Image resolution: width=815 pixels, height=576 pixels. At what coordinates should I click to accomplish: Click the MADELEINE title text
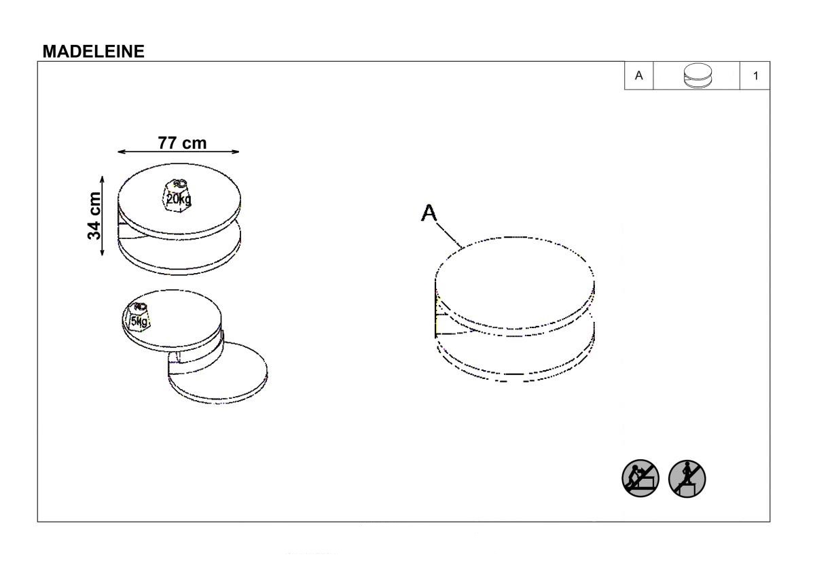pyautogui.click(x=94, y=52)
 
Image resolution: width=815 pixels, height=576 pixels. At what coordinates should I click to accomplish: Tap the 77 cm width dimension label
pyautogui.click(x=182, y=143)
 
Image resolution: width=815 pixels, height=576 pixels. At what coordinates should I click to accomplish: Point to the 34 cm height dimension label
pyautogui.click(x=94, y=216)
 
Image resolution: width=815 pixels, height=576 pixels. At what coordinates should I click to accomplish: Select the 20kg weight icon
pyautogui.click(x=177, y=196)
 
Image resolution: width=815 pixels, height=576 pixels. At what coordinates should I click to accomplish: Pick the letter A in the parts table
pyautogui.click(x=638, y=75)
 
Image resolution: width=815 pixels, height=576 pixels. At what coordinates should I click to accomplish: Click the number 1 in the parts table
pyautogui.click(x=756, y=75)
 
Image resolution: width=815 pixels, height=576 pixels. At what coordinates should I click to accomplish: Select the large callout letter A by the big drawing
pyautogui.click(x=429, y=213)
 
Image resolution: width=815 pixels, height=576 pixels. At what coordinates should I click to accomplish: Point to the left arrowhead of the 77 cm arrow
pyautogui.click(x=122, y=151)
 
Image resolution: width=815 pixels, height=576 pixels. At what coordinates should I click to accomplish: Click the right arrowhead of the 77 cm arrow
pyautogui.click(x=236, y=151)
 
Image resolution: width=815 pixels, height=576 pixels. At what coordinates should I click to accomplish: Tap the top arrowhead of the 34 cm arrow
pyautogui.click(x=103, y=179)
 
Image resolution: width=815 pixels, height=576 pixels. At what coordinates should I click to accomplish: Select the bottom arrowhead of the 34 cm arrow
pyautogui.click(x=103, y=252)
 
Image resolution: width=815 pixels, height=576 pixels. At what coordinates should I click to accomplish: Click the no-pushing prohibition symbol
pyautogui.click(x=640, y=478)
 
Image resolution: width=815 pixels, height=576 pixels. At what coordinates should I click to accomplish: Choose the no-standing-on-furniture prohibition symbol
pyautogui.click(x=687, y=478)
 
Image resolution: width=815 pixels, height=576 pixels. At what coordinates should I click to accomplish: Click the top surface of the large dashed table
pyautogui.click(x=515, y=282)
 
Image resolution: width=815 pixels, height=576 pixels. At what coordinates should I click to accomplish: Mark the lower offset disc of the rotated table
pyautogui.click(x=217, y=375)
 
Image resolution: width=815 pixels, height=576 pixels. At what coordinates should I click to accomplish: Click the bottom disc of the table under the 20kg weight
pyautogui.click(x=179, y=251)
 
